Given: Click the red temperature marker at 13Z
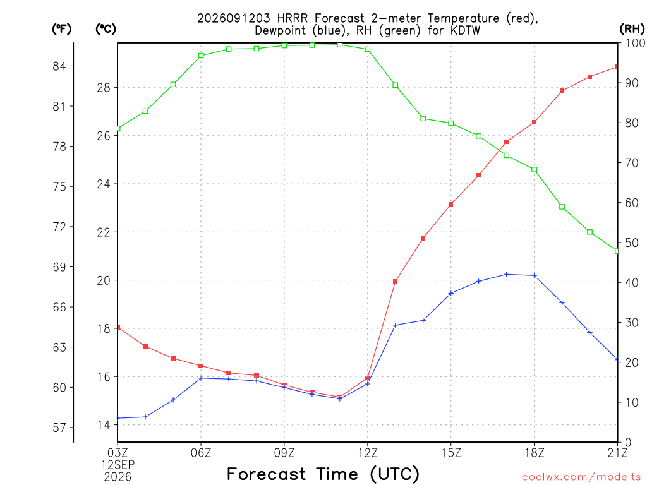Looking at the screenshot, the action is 396,282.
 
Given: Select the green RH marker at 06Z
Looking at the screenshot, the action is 201,56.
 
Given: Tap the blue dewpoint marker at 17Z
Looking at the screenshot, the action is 507,274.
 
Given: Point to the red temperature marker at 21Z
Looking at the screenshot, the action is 617,67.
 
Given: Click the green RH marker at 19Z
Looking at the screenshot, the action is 562,207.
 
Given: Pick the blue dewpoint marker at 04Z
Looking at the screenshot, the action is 146,417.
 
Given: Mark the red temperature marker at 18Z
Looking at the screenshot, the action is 535,123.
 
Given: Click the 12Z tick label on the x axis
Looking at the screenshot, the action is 368,453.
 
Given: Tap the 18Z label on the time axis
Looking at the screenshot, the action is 535,453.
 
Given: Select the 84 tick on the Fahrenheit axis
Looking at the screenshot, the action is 59,66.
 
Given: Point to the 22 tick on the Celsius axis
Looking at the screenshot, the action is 104,232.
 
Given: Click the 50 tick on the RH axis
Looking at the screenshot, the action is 631,243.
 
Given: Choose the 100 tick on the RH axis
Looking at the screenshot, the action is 635,43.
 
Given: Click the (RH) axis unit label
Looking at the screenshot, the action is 632,28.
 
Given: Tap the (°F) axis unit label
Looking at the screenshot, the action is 61,28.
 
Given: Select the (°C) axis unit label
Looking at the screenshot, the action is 106,28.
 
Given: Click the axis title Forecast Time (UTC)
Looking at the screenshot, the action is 323,474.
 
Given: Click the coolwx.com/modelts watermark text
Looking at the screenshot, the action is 581,477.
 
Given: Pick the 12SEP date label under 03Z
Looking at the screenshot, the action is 118,465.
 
